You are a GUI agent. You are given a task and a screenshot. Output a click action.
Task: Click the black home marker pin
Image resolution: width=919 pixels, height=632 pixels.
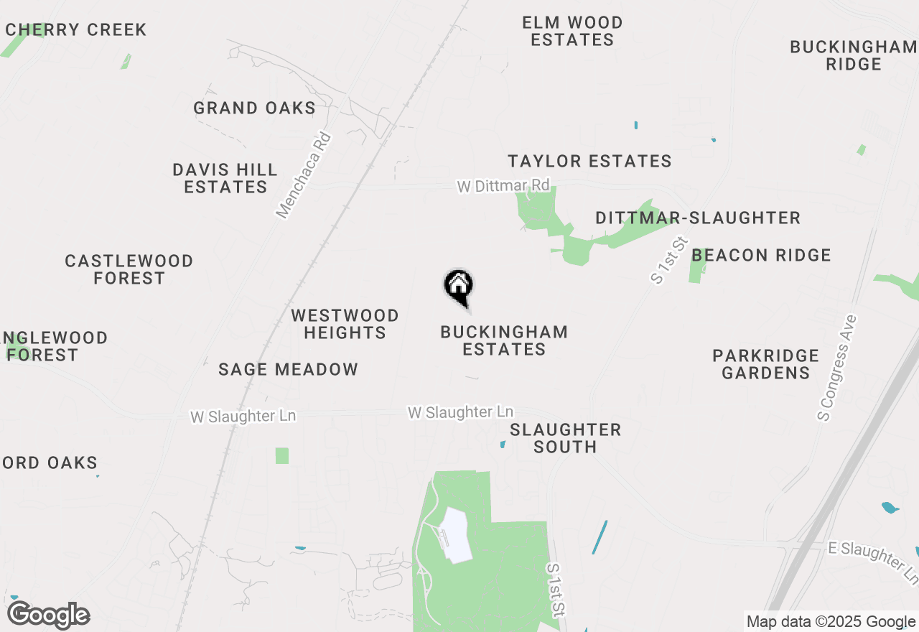458,287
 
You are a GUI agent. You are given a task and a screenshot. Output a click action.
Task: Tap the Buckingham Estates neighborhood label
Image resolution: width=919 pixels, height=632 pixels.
504,340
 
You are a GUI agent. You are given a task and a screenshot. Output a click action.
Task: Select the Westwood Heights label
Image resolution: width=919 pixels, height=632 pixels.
345,324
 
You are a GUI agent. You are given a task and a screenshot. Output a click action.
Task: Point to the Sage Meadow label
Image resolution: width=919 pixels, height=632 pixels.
288,370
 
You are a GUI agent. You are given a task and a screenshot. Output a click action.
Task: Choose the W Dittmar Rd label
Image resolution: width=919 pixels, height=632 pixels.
503,186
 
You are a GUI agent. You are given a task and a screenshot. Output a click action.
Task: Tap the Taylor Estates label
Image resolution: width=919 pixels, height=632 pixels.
589,161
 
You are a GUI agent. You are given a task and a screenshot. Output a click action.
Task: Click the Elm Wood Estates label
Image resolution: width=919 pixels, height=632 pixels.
572,32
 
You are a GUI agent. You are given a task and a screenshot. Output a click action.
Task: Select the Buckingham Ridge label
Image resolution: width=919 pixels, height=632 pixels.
853,55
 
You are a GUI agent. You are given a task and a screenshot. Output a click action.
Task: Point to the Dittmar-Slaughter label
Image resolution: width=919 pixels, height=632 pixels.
698,218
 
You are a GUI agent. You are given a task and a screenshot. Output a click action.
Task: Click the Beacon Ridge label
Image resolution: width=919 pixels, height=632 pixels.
761,255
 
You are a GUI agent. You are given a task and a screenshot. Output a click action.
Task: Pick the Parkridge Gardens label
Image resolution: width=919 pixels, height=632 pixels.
765,364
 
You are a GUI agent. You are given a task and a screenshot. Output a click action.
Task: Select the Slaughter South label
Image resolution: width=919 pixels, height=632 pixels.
565,438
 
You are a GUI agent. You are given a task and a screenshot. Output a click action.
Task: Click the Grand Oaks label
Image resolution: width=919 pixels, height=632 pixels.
254,108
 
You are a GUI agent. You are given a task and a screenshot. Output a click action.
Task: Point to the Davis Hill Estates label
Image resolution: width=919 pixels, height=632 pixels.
225,178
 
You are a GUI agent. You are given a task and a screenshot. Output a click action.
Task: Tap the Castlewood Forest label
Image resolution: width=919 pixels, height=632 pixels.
129,269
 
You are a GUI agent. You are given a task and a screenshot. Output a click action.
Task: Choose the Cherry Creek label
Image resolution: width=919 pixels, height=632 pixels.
75,30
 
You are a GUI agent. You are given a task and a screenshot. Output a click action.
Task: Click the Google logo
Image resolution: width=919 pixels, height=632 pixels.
48,615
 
